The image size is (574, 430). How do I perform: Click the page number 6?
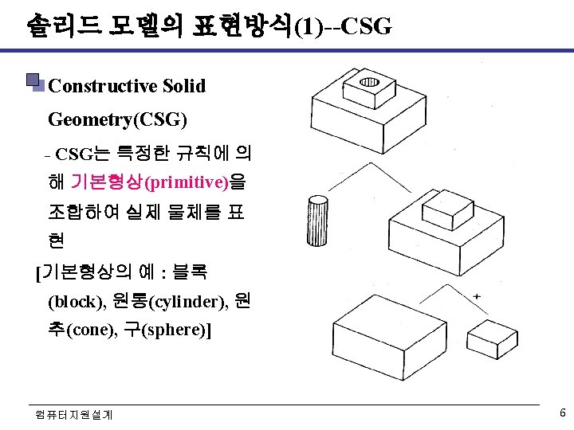tap(562, 413)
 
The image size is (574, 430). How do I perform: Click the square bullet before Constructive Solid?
tap(33, 82)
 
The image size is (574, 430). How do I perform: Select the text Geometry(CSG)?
tap(118, 119)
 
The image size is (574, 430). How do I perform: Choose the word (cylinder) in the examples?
tap(191, 302)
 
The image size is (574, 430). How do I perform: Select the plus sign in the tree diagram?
tap(477, 296)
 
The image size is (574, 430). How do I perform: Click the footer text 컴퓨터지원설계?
tap(74, 414)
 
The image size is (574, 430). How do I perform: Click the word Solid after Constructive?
tap(184, 86)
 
